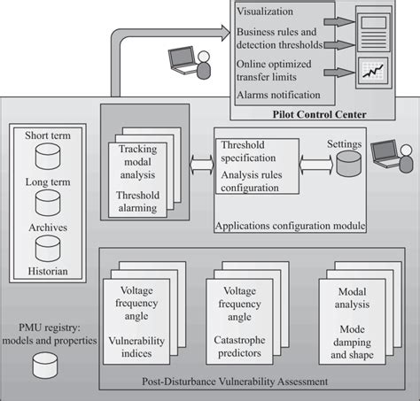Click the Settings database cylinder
coord(347,162)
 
